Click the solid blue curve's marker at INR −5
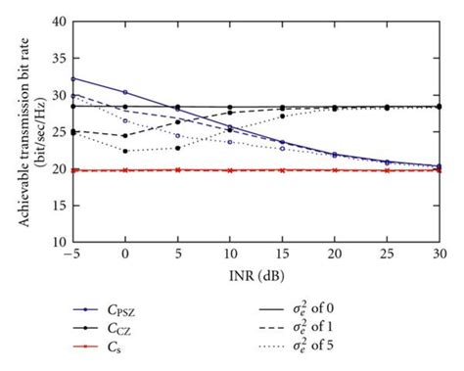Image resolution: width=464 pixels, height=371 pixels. coord(73,78)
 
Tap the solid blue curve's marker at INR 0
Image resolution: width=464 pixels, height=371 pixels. coord(125,92)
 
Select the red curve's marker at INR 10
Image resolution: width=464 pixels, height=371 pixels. coord(230,170)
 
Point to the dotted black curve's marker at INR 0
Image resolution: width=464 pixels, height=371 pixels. coord(125,151)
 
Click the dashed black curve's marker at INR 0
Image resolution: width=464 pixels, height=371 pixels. coord(125,136)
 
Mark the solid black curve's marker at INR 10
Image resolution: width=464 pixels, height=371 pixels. coord(230,107)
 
